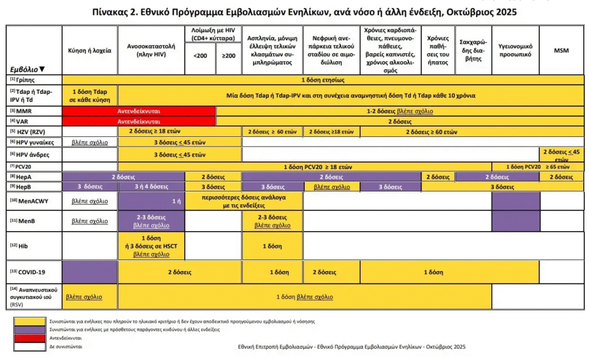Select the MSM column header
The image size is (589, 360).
561,51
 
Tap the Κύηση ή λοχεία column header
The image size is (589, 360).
90,51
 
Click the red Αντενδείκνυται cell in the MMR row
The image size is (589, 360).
139,111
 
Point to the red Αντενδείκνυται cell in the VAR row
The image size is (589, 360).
139,121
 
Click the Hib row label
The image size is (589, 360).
22,246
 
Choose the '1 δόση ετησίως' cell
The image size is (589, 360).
323,79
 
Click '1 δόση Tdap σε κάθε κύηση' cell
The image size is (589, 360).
90,95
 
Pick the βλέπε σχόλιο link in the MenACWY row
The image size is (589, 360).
90,202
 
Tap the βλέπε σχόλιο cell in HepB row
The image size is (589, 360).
331,187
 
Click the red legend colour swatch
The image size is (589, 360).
30,339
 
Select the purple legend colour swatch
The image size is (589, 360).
30,330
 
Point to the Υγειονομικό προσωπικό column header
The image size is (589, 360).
515,51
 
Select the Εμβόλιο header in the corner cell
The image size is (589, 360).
26,68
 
